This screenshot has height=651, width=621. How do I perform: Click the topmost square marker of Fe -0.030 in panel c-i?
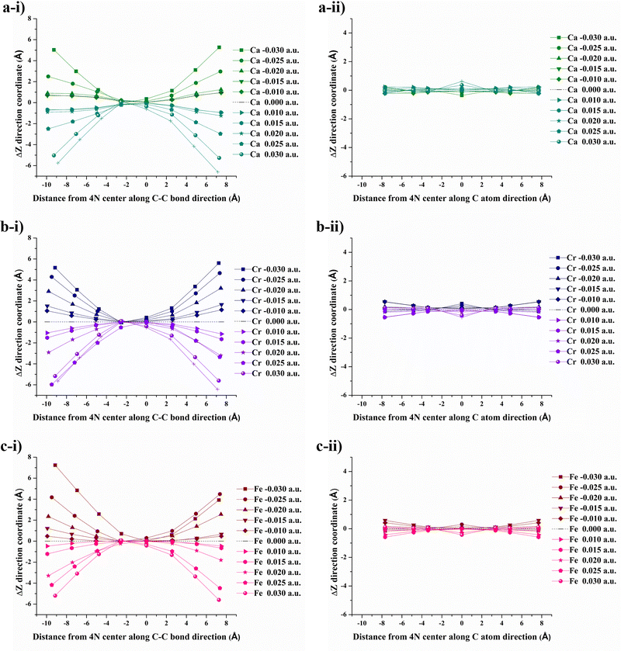(55, 466)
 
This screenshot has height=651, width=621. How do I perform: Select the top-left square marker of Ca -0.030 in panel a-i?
(54, 50)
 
